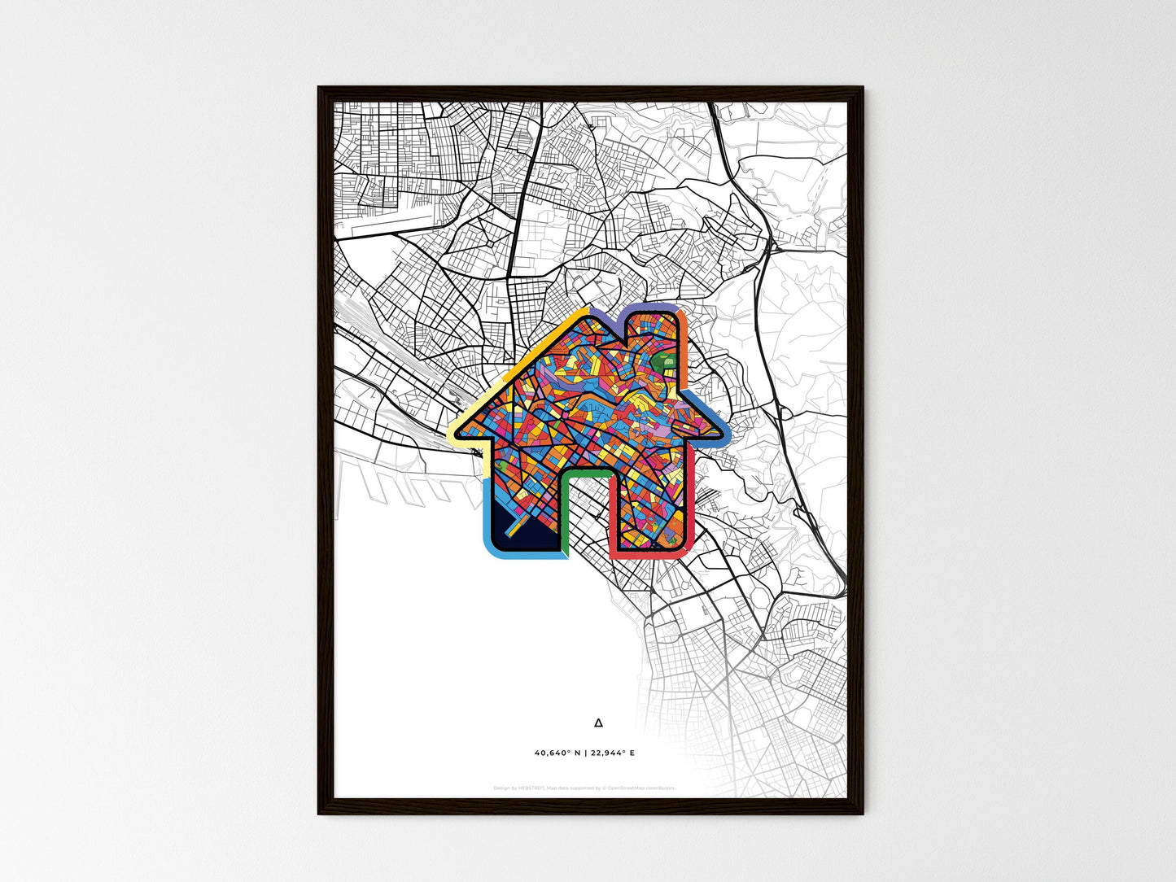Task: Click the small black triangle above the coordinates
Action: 599,722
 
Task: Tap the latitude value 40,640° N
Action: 557,753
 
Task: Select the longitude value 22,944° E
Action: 612,753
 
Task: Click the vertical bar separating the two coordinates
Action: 585,753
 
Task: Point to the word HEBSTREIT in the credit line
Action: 531,788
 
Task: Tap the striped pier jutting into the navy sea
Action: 517,529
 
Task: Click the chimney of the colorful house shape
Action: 659,334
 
